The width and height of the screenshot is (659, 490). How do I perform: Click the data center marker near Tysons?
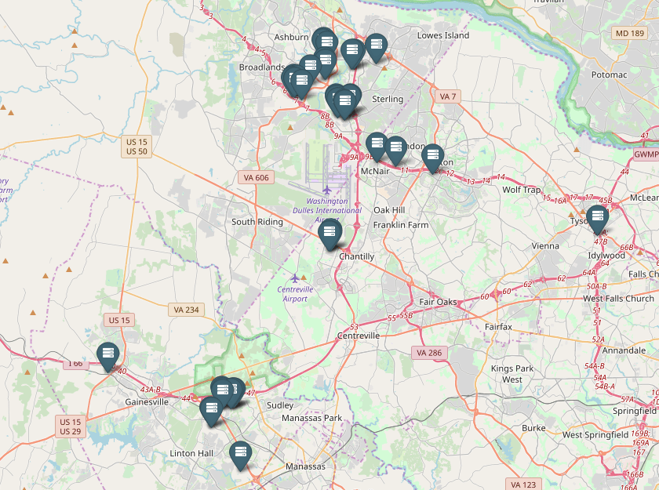[x=598, y=216]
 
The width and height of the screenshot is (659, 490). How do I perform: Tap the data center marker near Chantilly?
[x=329, y=232]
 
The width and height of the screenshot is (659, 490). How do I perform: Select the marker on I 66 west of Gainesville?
[x=107, y=354]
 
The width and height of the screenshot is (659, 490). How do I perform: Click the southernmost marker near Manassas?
[x=239, y=453]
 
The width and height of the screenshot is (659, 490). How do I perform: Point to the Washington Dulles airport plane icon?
[x=326, y=190]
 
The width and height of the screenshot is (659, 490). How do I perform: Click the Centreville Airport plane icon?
[x=295, y=278]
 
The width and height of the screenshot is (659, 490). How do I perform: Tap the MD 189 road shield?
[x=630, y=33]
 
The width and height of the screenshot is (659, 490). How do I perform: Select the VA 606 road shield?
[x=257, y=178]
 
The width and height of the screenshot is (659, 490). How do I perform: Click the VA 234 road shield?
[x=185, y=310]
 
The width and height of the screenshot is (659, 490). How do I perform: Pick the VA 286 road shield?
[x=429, y=353]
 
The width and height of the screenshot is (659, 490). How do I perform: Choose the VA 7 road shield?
[x=448, y=96]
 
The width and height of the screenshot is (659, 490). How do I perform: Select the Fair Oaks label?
[x=438, y=302]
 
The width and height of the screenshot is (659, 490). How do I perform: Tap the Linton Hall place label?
[x=191, y=453]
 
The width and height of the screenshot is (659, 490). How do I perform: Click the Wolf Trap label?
[x=522, y=190]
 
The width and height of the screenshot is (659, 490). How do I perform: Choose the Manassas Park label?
[x=312, y=418]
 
